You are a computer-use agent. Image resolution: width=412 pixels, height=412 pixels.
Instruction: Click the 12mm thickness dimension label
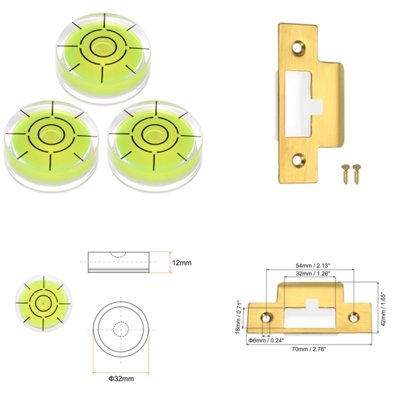click(x=182, y=263)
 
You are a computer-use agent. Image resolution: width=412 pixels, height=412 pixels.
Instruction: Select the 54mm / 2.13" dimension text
click(x=309, y=265)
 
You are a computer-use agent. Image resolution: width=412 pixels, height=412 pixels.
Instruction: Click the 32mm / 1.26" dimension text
click(x=309, y=274)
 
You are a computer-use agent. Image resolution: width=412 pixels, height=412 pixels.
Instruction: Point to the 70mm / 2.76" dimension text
click(x=309, y=349)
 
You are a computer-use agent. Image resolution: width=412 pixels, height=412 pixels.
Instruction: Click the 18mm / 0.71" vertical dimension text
click(x=239, y=316)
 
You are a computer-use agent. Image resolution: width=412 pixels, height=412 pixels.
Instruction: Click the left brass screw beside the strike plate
click(x=346, y=174)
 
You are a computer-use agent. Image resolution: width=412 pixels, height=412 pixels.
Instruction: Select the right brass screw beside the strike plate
click(x=357, y=174)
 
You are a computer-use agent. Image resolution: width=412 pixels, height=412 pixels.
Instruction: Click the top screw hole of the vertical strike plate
click(x=299, y=48)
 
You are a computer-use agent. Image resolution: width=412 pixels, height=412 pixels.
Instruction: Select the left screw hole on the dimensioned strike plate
click(x=266, y=317)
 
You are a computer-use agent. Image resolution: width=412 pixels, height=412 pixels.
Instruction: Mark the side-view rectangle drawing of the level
click(x=118, y=262)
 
